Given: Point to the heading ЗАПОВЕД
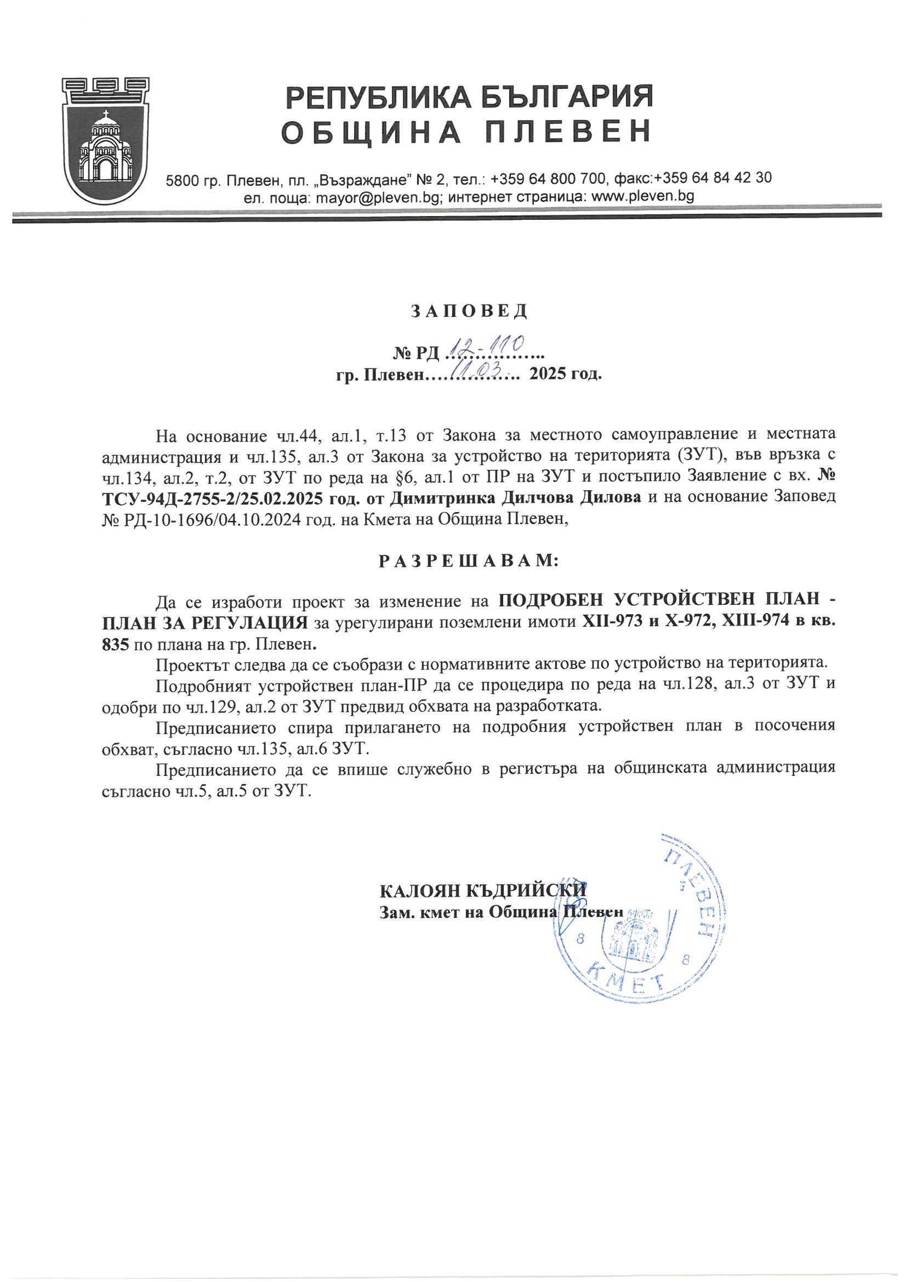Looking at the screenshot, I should (469, 311).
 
